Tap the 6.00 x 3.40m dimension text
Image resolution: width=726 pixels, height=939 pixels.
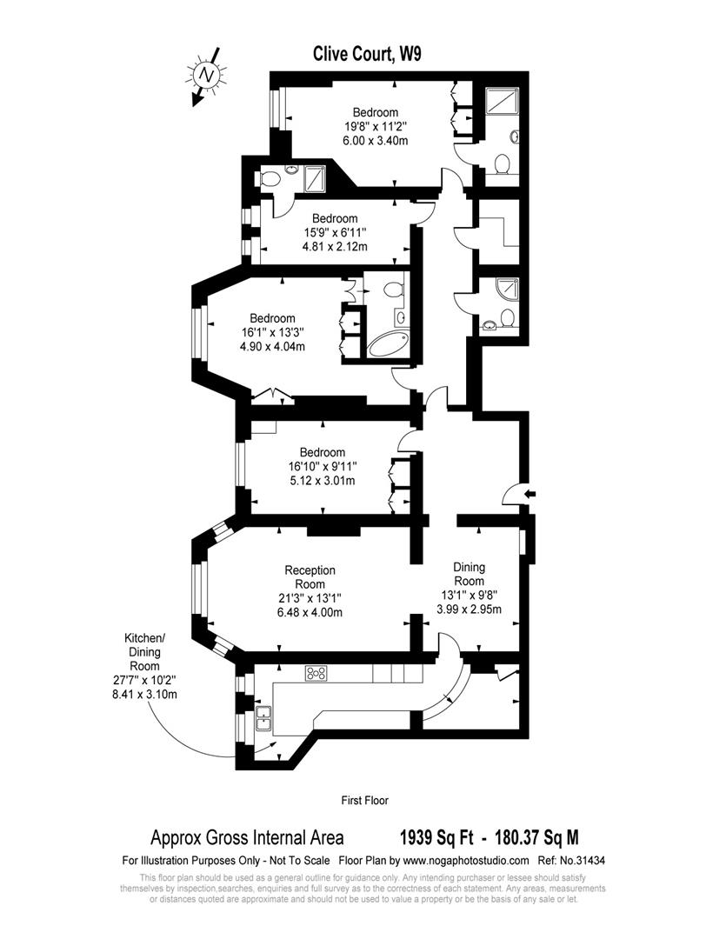click(375, 140)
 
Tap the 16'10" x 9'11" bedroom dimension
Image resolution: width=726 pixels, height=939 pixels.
click(322, 467)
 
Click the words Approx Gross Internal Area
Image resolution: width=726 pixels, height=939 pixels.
click(247, 838)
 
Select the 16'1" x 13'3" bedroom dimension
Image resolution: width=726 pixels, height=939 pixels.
click(273, 332)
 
